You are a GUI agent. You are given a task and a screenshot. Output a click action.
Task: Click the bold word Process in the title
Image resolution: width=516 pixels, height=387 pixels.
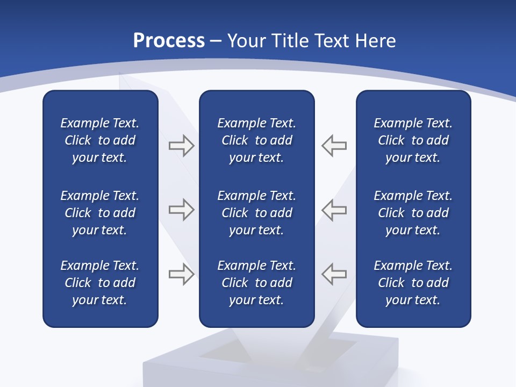[x=169, y=41]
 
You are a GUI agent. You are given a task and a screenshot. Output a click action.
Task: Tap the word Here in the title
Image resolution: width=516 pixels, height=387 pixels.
[x=375, y=41]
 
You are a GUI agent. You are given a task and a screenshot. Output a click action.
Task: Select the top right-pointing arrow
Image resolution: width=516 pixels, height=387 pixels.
[x=181, y=146]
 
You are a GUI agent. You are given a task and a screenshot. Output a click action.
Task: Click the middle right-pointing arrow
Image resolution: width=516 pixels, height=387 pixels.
[x=181, y=210]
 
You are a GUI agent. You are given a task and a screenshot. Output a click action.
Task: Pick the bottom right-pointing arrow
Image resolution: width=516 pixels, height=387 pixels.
[x=181, y=274]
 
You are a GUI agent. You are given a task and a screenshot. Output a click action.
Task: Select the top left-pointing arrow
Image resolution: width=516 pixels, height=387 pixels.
[x=334, y=146]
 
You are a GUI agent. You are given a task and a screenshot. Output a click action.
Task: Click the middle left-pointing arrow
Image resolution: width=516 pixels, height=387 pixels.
[x=334, y=210]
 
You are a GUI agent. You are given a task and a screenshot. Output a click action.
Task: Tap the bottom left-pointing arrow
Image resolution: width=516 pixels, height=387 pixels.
[x=334, y=274]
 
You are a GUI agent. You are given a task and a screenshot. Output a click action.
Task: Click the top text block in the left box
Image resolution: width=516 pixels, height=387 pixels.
[x=100, y=140]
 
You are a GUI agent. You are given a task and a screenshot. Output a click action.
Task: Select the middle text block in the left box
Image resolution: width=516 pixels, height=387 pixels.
[x=100, y=213]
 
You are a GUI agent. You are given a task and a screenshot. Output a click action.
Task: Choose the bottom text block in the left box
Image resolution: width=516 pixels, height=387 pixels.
[x=100, y=283]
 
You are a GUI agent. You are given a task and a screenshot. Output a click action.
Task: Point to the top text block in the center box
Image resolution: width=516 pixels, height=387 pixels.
[x=256, y=140]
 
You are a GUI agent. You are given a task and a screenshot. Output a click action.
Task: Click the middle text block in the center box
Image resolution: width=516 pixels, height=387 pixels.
[x=256, y=213]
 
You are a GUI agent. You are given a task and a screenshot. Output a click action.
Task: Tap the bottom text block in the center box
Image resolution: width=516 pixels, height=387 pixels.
[x=256, y=283]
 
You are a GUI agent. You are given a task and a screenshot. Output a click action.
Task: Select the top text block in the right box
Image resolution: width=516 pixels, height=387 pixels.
[x=413, y=140]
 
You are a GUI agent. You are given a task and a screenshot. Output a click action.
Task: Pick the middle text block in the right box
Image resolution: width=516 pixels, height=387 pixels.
[x=413, y=213]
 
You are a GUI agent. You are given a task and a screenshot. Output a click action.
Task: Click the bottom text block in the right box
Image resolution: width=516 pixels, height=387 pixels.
[x=413, y=283]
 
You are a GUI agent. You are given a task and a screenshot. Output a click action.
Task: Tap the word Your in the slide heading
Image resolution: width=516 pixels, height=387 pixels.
[x=248, y=41]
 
